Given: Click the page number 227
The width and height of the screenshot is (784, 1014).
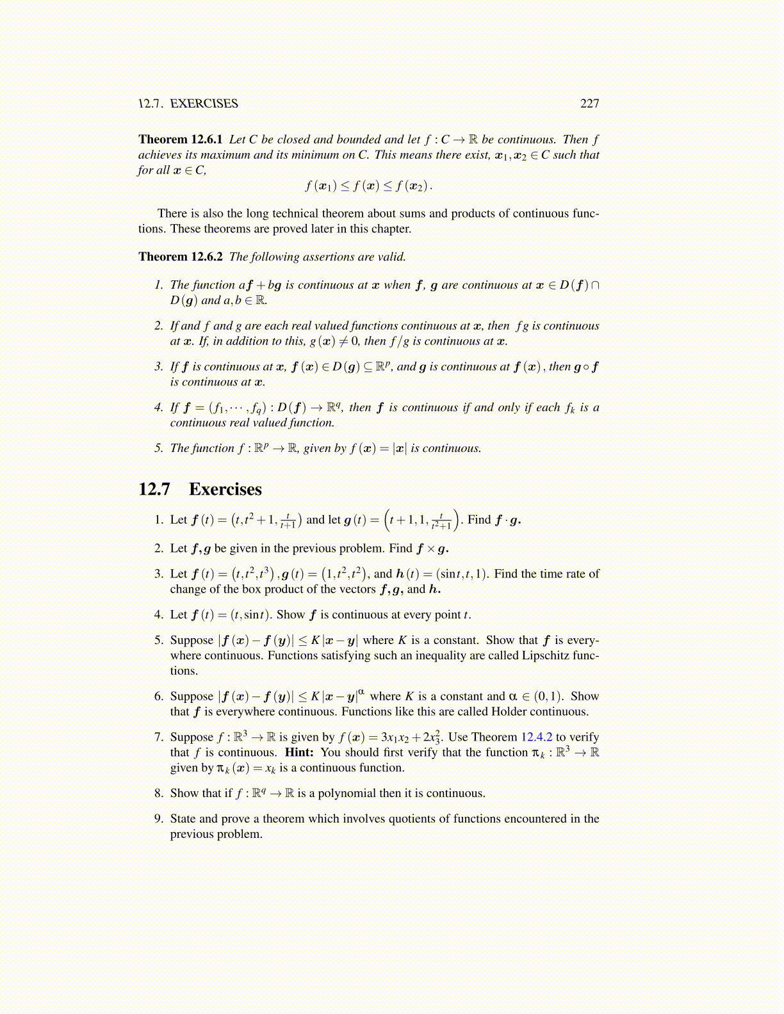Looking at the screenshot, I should pyautogui.click(x=589, y=104).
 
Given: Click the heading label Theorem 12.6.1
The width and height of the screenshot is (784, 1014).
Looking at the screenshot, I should pyautogui.click(x=180, y=140).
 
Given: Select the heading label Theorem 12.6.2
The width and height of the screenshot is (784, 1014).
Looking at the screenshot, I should pyautogui.click(x=180, y=257).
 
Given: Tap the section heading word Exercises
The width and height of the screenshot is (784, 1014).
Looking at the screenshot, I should pyautogui.click(x=225, y=489).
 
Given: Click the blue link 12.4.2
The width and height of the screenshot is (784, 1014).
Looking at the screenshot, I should pyautogui.click(x=536, y=737).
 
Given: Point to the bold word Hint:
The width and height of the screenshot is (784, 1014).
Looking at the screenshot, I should pyautogui.click(x=299, y=752).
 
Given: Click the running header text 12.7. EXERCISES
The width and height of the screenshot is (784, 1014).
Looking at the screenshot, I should pyautogui.click(x=188, y=104).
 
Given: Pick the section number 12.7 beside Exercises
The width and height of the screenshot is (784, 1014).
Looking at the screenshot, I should pyautogui.click(x=154, y=489).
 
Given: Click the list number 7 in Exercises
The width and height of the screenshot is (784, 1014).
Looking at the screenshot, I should pyautogui.click(x=158, y=737).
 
